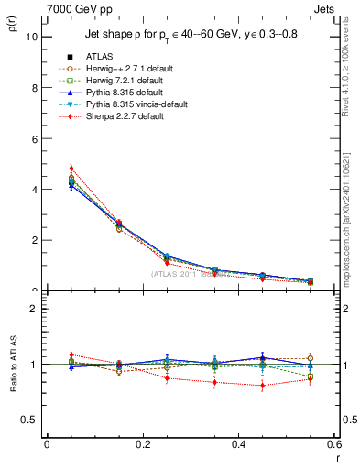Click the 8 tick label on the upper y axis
(x=34, y=88)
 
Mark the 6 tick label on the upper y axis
(x=34, y=138)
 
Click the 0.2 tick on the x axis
(x=142, y=444)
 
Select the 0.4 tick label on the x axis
(x=238, y=444)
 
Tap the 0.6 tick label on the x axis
(x=333, y=444)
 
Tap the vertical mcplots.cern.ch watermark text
(x=352, y=229)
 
